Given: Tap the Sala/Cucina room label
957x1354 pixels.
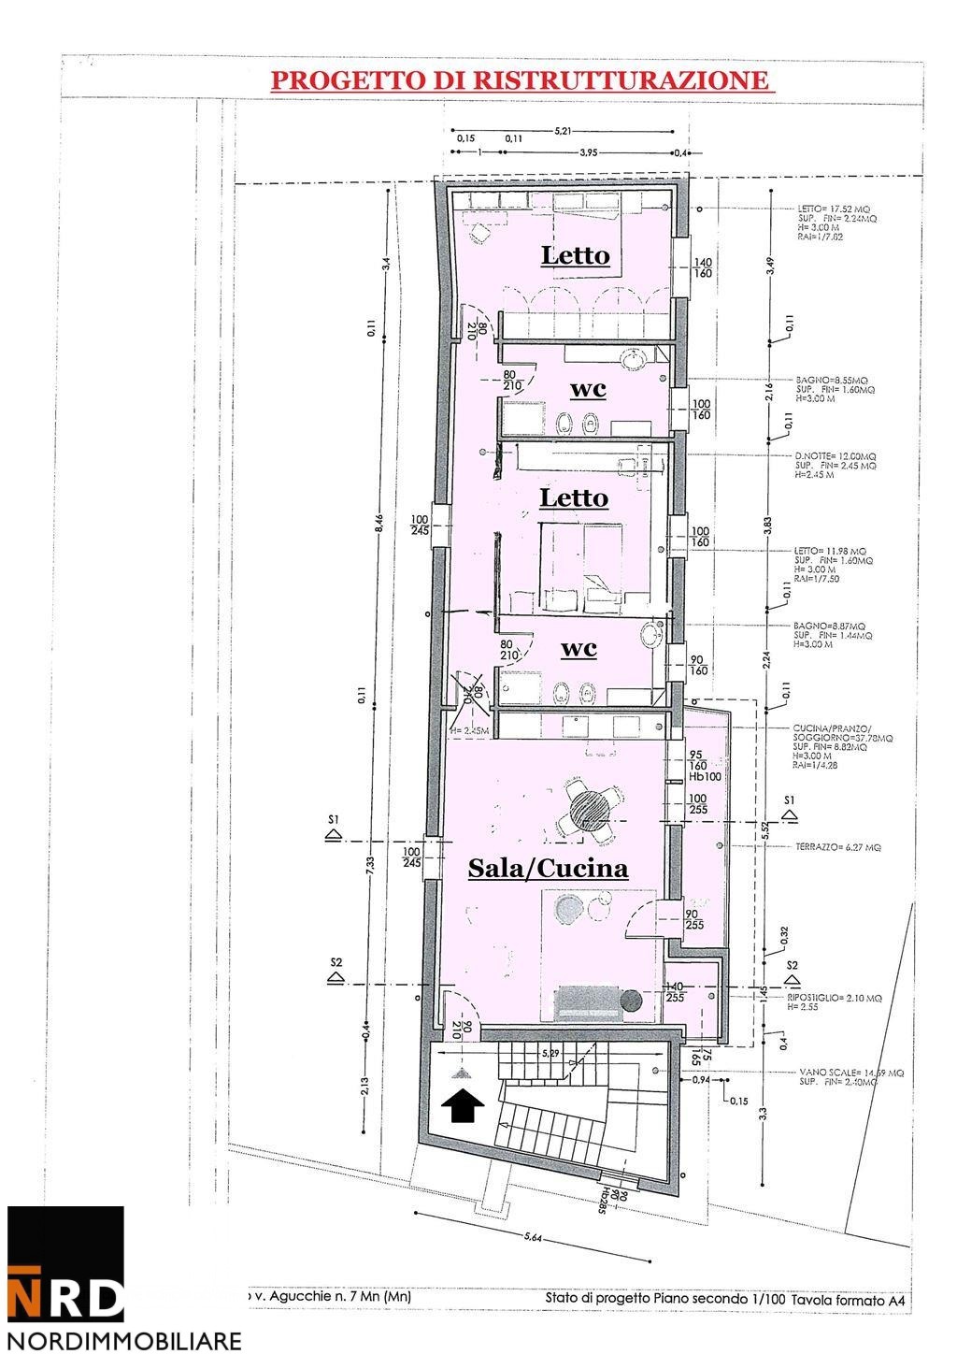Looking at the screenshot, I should [547, 869].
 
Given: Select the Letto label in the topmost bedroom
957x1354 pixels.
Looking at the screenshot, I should [575, 255].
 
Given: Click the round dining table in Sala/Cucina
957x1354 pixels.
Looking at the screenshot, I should [591, 809].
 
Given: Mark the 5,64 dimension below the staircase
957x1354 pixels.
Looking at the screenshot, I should [530, 1239].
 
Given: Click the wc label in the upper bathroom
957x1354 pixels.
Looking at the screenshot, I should [587, 388].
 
